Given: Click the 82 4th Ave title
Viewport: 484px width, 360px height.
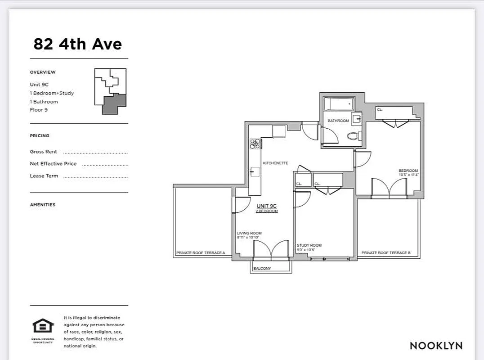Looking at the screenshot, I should click(77, 44).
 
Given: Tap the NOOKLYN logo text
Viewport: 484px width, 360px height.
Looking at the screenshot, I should click(436, 346).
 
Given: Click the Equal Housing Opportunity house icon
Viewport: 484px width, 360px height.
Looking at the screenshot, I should click(43, 326).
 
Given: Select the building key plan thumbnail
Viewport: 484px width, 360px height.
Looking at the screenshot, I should click(110, 91).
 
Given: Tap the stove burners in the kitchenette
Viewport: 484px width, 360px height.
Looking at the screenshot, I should click(255, 144).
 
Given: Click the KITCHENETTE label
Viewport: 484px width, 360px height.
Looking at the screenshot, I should click(275, 163).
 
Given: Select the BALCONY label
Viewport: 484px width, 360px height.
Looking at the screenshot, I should click(262, 269).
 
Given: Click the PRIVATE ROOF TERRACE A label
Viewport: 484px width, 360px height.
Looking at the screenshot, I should click(201, 253).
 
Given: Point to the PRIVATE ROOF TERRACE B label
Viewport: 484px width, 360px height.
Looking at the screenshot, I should click(386, 253).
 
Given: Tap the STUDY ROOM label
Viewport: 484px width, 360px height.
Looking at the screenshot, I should click(309, 245).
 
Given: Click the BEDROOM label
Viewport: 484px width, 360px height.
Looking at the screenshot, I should click(408, 171).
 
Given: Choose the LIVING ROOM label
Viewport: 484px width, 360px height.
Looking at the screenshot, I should click(249, 233).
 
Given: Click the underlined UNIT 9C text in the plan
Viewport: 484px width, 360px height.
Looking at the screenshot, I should click(266, 206).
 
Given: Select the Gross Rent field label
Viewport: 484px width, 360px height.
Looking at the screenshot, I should click(44, 152).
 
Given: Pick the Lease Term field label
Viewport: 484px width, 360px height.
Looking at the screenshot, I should click(44, 176).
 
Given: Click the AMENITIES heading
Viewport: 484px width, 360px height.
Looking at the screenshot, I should click(43, 205).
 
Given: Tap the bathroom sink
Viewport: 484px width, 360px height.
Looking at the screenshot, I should click(357, 119).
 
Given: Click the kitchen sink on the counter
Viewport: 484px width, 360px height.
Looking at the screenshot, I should click(255, 171).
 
